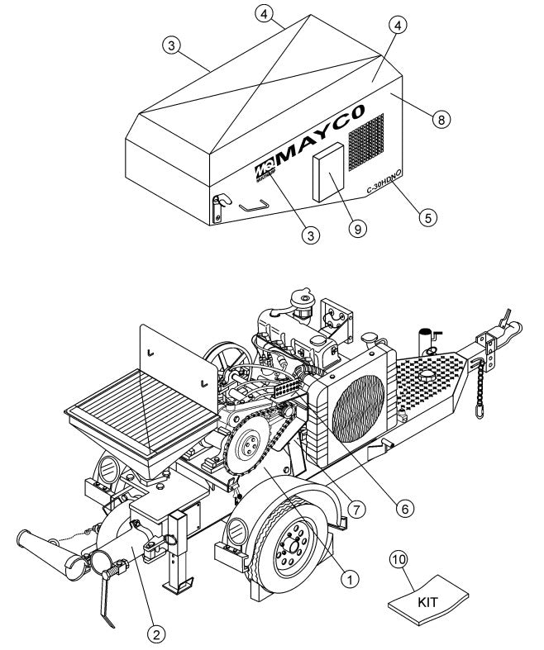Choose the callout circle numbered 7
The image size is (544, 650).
(356, 510)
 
